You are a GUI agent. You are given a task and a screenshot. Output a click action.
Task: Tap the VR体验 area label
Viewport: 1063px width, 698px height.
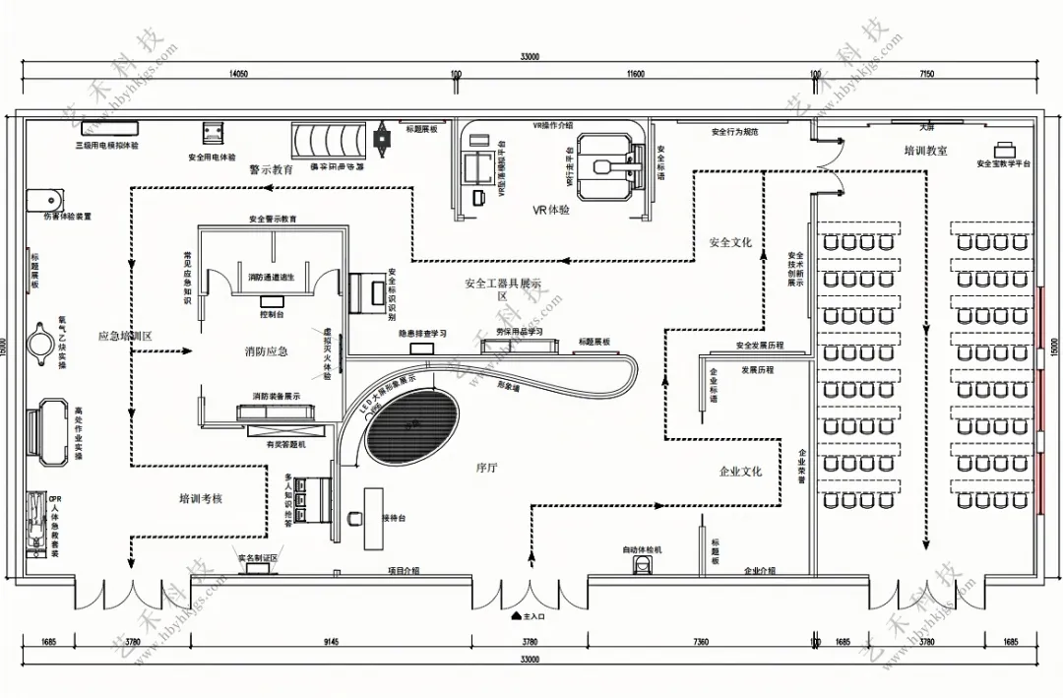click(x=552, y=210)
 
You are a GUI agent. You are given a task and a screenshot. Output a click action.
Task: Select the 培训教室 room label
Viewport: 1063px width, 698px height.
click(x=925, y=151)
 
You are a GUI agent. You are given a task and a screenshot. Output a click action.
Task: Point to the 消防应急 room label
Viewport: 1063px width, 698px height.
click(x=267, y=351)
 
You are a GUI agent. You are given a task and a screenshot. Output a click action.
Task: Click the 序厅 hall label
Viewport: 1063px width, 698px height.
click(x=486, y=469)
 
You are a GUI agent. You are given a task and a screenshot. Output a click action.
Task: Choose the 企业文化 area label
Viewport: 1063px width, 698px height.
click(x=740, y=472)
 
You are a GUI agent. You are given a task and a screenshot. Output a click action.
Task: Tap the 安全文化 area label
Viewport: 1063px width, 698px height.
click(x=730, y=241)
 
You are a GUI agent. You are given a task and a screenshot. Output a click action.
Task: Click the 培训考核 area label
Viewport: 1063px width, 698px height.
click(x=200, y=499)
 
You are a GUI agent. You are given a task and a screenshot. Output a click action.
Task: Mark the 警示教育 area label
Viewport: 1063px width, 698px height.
click(x=271, y=169)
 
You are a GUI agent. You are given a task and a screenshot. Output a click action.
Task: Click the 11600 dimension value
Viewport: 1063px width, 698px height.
click(x=636, y=74)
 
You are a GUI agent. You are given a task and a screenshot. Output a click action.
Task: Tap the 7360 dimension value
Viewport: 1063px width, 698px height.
click(x=701, y=642)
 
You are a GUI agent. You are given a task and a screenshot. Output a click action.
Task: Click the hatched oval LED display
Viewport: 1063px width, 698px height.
click(x=413, y=424)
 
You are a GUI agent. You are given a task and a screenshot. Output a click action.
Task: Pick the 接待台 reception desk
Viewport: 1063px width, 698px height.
click(x=375, y=518)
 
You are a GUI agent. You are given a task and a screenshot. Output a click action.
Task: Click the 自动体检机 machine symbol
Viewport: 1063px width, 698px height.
click(x=643, y=565)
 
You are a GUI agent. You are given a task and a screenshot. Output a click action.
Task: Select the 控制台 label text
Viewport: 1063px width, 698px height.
click(x=272, y=315)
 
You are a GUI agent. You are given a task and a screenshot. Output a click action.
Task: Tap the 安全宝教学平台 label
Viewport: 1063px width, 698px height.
click(x=1003, y=163)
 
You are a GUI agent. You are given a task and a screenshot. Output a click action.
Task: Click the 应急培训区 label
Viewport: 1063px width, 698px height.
click(x=125, y=336)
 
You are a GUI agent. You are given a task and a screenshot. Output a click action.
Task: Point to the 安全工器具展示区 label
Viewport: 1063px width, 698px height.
click(x=503, y=288)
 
